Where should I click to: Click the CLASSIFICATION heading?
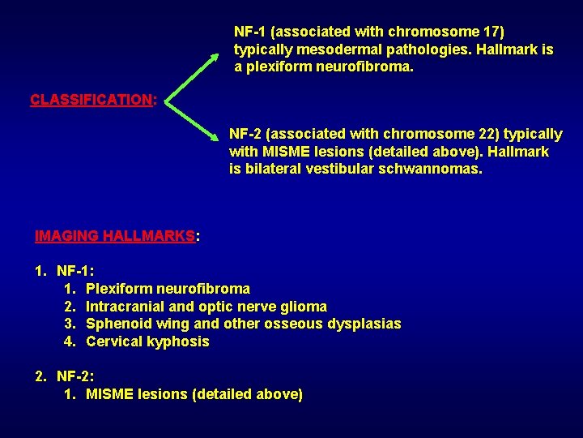pos(91,100)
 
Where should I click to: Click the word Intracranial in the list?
pos(126,307)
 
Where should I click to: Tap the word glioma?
pos(304,307)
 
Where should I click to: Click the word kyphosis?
pos(178,342)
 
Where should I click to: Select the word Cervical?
pos(113,342)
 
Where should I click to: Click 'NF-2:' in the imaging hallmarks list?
pos(75,377)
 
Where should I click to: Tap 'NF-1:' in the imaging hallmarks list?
pos(75,271)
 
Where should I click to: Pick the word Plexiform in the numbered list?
pos(118,289)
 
